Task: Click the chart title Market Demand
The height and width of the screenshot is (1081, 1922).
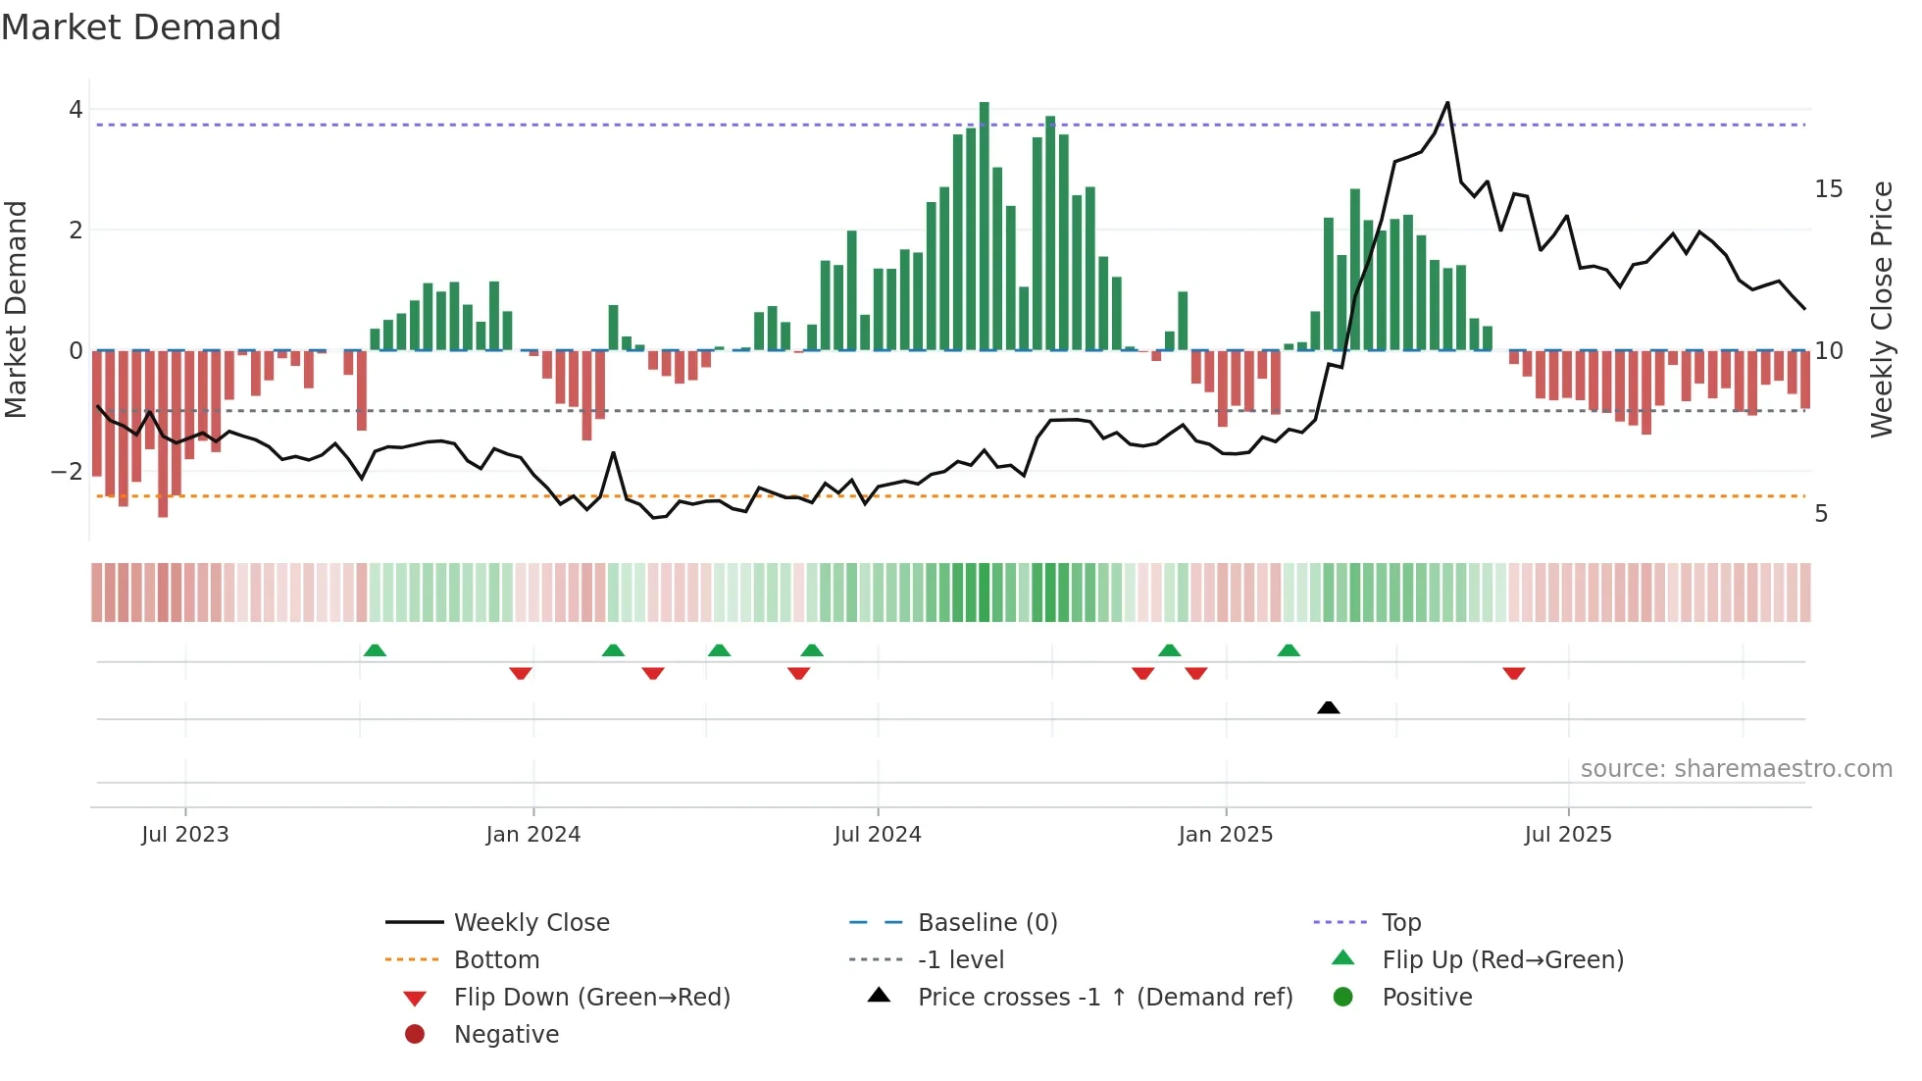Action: [x=141, y=27]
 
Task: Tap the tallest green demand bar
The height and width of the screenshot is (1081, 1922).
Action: [x=984, y=226]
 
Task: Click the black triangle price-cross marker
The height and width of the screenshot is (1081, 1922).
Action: [x=1328, y=707]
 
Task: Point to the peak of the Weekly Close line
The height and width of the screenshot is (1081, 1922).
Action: [x=1447, y=103]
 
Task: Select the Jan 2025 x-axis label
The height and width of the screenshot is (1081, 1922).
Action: [x=1225, y=835]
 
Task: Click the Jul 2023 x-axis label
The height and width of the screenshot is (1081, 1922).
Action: [x=184, y=835]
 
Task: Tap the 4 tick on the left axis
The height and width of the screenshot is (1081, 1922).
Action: [x=76, y=110]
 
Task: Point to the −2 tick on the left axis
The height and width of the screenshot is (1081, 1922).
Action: [x=67, y=472]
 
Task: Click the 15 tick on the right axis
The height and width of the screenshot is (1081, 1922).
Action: [x=1828, y=189]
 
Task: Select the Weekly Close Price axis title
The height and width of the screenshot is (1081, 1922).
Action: [x=1881, y=309]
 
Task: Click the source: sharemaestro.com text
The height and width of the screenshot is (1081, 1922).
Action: [x=1736, y=769]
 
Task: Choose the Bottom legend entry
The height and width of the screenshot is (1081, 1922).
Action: [x=496, y=960]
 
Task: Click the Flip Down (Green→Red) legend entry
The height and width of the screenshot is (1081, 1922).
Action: [x=591, y=998]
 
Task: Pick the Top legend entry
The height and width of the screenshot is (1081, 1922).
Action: [x=1401, y=923]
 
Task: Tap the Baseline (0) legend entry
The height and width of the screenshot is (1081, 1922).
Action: [x=986, y=923]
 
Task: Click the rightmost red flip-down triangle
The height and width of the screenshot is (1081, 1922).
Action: [x=1513, y=673]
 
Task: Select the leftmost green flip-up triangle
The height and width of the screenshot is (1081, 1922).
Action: [x=375, y=650]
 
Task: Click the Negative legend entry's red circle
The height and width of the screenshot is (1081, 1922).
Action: [x=415, y=1035]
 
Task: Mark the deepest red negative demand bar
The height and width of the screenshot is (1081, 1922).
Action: [x=163, y=434]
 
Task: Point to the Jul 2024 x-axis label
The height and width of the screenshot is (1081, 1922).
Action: [x=878, y=835]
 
